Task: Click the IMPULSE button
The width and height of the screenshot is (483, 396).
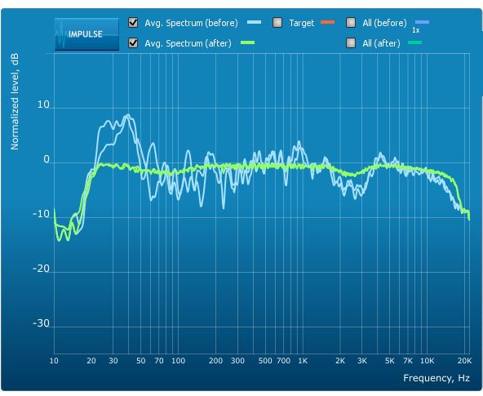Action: pyautogui.click(x=86, y=34)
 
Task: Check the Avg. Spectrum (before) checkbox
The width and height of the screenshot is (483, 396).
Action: pyautogui.click(x=133, y=23)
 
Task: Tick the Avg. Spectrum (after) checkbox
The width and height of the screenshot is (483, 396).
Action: pyautogui.click(x=133, y=42)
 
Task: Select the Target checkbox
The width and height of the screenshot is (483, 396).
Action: pyautogui.click(x=277, y=23)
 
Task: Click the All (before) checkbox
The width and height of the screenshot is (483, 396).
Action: pyautogui.click(x=351, y=23)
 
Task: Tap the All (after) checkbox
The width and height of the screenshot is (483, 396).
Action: pyautogui.click(x=351, y=42)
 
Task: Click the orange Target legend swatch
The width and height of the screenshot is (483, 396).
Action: pyautogui.click(x=327, y=22)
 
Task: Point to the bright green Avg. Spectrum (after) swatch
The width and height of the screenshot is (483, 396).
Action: pyautogui.click(x=247, y=42)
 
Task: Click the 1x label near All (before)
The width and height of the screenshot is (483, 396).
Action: pyautogui.click(x=416, y=30)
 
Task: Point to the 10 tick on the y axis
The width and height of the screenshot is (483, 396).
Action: pyautogui.click(x=43, y=105)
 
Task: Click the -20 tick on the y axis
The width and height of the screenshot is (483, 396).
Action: pyautogui.click(x=41, y=269)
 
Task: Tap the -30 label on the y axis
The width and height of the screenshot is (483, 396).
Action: pyautogui.click(x=41, y=323)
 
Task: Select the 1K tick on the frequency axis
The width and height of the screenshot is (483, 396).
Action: pyautogui.click(x=303, y=361)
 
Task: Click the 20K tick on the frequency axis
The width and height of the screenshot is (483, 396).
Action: pyautogui.click(x=464, y=361)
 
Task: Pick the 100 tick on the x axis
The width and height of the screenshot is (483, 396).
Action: pyautogui.click(x=179, y=361)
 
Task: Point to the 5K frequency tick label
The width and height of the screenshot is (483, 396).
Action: pyautogui.click(x=390, y=361)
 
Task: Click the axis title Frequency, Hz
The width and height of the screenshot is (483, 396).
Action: pyautogui.click(x=436, y=378)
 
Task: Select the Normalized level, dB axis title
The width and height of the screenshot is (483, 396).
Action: pyautogui.click(x=15, y=102)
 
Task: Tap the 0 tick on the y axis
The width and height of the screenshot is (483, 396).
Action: pyautogui.click(x=47, y=160)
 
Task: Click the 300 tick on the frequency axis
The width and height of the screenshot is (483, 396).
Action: pyautogui.click(x=237, y=361)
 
